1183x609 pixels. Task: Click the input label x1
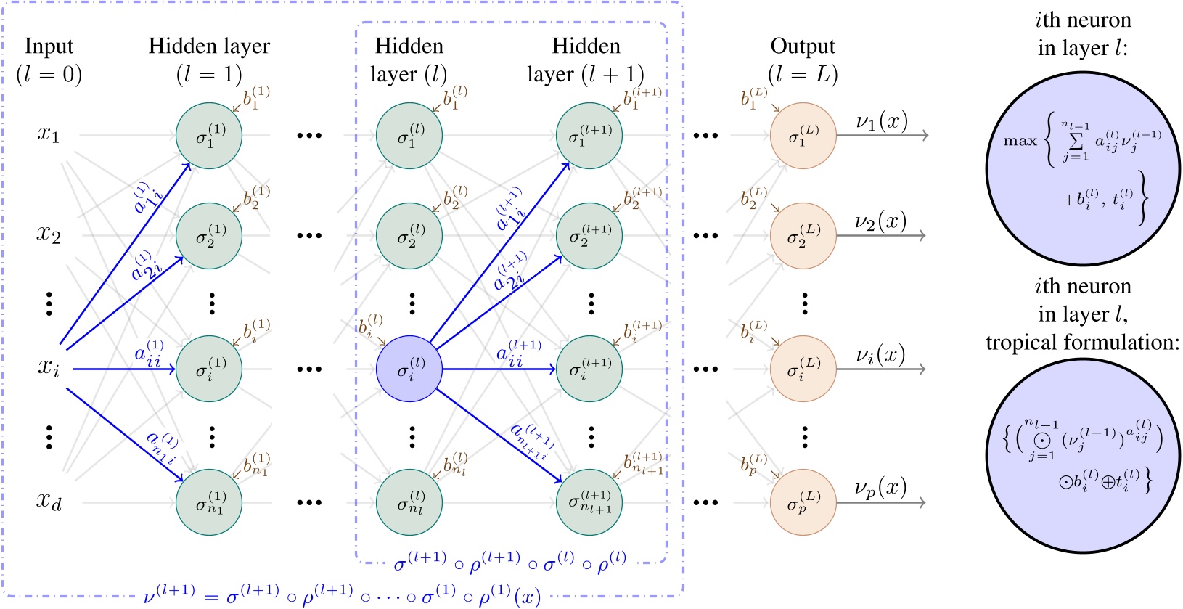pyautogui.click(x=49, y=135)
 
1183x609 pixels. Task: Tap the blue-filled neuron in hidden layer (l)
pyautogui.click(x=409, y=369)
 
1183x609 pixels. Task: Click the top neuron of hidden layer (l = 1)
pyautogui.click(x=209, y=135)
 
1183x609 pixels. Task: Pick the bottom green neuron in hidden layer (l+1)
pyautogui.click(x=589, y=502)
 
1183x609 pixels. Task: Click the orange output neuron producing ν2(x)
pyautogui.click(x=803, y=235)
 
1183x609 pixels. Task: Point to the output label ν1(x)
pyautogui.click(x=881, y=122)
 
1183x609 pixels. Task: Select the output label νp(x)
pyautogui.click(x=880, y=489)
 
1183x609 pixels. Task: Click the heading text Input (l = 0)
pyautogui.click(x=49, y=60)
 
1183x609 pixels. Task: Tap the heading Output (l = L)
pyautogui.click(x=803, y=60)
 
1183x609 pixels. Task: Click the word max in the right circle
pyautogui.click(x=1020, y=141)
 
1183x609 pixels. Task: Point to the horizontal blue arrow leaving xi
pyautogui.click(x=123, y=369)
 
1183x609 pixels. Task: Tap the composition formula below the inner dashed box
pyautogui.click(x=509, y=563)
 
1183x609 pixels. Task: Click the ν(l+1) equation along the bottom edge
pyautogui.click(x=342, y=595)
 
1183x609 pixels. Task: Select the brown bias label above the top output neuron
pyautogui.click(x=753, y=97)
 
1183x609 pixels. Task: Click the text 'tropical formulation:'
pyautogui.click(x=1082, y=342)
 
